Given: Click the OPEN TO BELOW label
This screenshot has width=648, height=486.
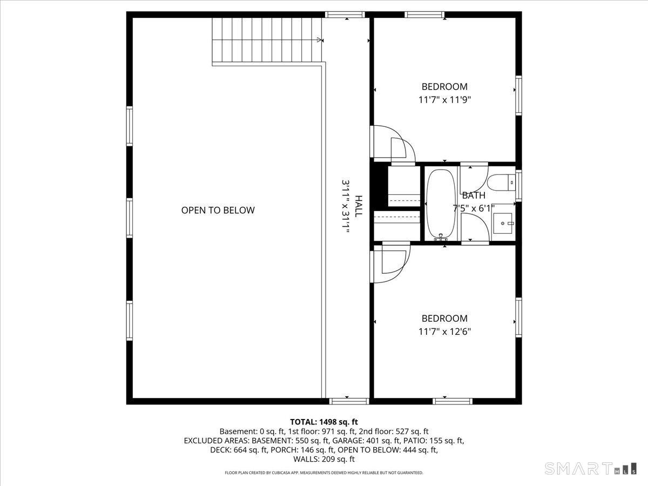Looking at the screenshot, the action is tap(218, 210).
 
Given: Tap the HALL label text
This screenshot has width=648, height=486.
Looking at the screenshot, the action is tap(358, 206).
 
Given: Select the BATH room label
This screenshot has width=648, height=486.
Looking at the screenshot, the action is tap(474, 195).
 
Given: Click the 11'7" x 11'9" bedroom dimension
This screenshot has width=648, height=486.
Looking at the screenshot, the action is tap(444, 100).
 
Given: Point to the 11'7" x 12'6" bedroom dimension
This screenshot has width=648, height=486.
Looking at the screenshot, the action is tap(444, 332).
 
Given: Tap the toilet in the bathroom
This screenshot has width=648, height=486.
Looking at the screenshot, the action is tap(501, 183).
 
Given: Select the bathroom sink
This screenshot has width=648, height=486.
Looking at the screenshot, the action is tap(503, 224).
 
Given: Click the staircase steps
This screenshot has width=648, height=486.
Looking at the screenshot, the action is tap(267, 40).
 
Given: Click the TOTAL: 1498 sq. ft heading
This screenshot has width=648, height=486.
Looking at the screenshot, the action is tap(324, 422).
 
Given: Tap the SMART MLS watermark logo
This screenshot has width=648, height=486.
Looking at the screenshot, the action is tap(590, 468).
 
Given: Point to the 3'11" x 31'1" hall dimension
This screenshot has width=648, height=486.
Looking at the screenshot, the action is tap(346, 206).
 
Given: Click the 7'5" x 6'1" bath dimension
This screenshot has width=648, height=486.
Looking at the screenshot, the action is tap(474, 208).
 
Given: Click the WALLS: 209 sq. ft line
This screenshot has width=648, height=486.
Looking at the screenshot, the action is tap(324, 459).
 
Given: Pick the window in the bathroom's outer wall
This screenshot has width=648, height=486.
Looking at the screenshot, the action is tap(518, 186).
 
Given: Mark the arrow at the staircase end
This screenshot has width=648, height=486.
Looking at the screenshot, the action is tap(320, 40).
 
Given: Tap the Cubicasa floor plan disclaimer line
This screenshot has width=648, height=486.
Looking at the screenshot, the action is tap(324, 473).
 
